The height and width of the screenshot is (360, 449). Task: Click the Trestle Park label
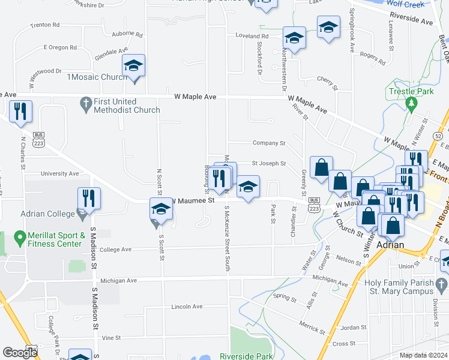pyautogui.click(x=411, y=92)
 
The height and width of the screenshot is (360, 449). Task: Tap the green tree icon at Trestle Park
pyautogui.click(x=411, y=104)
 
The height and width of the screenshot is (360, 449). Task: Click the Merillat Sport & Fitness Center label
pyautogui.click(x=53, y=239)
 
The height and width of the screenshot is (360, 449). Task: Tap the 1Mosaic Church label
pyautogui.click(x=97, y=77)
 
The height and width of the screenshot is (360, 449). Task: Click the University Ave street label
pyautogui.click(x=60, y=173)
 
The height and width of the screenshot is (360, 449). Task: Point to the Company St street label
pyautogui.click(x=269, y=143)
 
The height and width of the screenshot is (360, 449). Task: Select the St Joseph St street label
pyautogui.click(x=268, y=163)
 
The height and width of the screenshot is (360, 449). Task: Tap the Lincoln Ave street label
pyautogui.click(x=187, y=306)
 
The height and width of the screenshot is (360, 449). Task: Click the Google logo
pyautogui.click(x=20, y=353)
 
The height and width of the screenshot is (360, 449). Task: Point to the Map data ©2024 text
pyautogui.click(x=423, y=355)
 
